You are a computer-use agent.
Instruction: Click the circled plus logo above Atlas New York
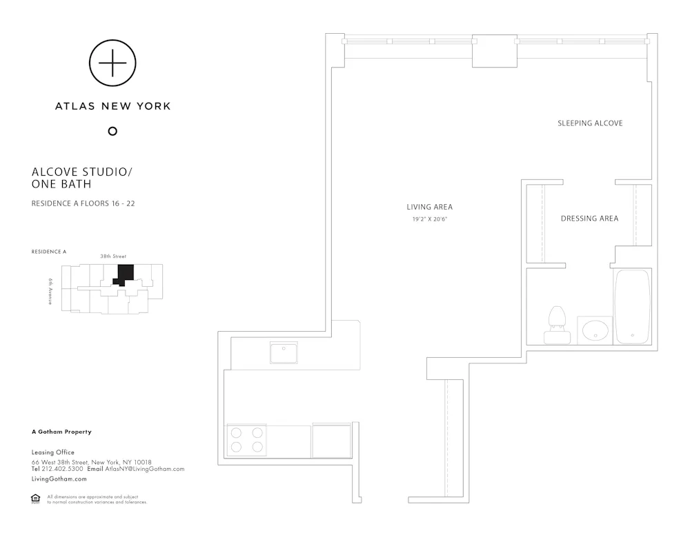tap(112, 63)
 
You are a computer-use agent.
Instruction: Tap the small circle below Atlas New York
tap(112, 131)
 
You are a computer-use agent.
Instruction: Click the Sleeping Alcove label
tap(590, 123)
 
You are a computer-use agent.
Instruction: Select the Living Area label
tap(429, 207)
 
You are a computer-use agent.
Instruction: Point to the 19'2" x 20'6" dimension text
tap(429, 219)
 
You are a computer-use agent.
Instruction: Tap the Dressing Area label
tap(589, 219)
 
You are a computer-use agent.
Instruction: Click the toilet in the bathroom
tap(557, 325)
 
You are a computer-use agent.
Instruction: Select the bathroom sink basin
tap(594, 331)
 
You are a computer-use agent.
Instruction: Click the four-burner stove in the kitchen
tap(247, 440)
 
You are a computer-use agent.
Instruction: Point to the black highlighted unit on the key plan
tap(124, 274)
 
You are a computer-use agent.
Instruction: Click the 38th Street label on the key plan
tap(113, 257)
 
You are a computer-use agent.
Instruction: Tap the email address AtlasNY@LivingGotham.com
tap(145, 469)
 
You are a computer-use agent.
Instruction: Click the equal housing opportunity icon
tap(36, 499)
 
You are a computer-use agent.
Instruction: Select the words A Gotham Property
tap(61, 432)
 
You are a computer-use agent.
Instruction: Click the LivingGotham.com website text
tap(59, 479)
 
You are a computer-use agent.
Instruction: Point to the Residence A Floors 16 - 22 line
tap(88, 203)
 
